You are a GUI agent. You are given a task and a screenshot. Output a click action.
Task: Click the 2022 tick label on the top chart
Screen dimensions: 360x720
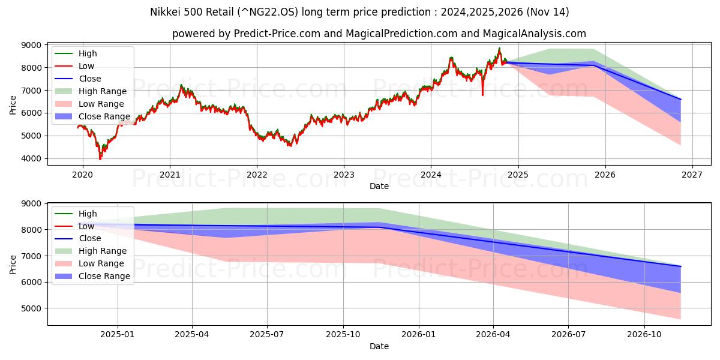[x=257, y=175]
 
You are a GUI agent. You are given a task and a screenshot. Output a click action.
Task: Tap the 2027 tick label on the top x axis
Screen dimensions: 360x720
[x=692, y=175]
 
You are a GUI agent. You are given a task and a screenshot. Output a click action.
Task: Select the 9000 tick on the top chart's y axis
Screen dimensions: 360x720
[x=33, y=45]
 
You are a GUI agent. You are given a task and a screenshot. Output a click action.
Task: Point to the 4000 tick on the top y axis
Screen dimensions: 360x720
[x=33, y=158]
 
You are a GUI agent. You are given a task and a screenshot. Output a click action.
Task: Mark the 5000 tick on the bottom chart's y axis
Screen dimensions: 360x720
[x=33, y=308]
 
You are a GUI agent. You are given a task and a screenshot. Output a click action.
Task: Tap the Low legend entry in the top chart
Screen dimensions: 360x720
[x=86, y=66]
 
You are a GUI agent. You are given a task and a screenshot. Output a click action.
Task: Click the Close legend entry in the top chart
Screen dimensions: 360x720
[x=89, y=79]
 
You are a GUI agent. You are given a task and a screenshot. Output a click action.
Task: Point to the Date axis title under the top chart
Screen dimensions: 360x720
[x=379, y=186]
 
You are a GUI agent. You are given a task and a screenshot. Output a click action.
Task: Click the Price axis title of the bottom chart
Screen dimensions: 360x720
[x=13, y=264]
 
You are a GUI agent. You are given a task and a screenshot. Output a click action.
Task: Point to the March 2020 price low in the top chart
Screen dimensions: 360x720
[x=100, y=159]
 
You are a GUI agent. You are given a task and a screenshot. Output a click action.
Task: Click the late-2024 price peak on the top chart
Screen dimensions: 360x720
[x=499, y=49]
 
